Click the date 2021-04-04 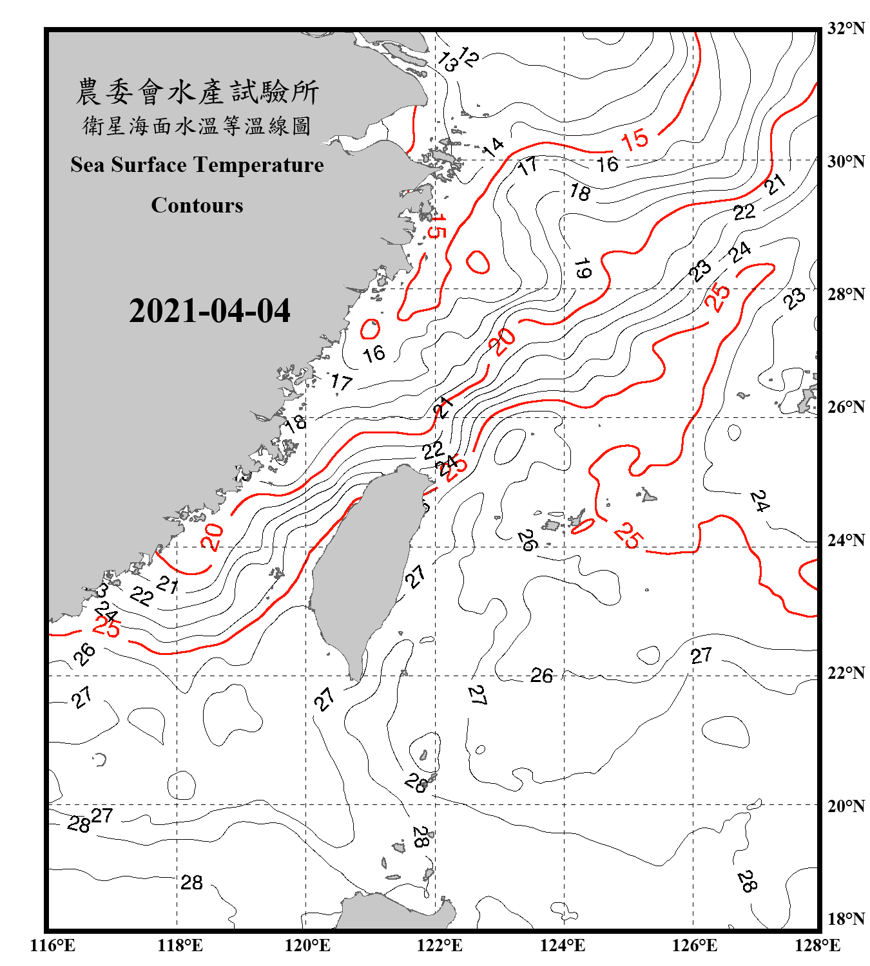coord(209,311)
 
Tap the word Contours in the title coord(197,205)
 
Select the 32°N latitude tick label coord(846,28)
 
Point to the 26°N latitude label coord(846,407)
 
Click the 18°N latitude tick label coord(846,919)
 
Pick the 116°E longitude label coord(53,945)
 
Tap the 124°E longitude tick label coord(563,945)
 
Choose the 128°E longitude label coord(817,945)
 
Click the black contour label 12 coord(469,57)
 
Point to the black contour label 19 coord(582,268)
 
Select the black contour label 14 coord(493,147)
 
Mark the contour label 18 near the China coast coord(295,423)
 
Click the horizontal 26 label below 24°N coord(541,676)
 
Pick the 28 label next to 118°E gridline coord(191,882)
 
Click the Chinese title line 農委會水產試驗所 coord(197,92)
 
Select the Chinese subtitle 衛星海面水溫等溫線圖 coord(197,126)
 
